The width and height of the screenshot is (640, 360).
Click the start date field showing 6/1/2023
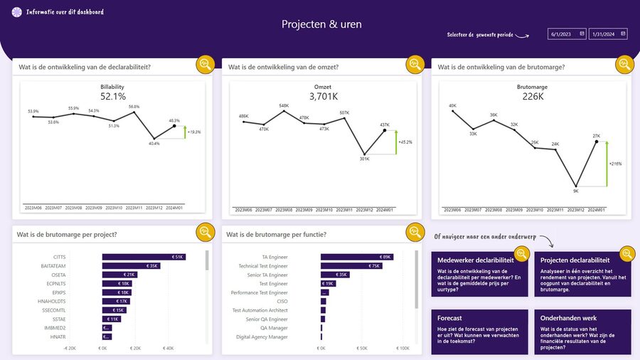566,33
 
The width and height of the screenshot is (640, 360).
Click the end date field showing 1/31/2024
607,33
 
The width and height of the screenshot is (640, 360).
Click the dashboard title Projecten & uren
321,24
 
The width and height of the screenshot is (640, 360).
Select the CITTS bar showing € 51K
144,257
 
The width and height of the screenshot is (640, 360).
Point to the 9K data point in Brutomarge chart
575,186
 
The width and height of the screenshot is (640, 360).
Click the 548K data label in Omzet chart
284,106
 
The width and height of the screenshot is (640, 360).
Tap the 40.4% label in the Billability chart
154,143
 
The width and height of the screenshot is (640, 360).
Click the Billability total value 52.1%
112,97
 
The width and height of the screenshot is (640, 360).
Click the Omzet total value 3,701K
322,97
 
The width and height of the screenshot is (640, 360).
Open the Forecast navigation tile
479,332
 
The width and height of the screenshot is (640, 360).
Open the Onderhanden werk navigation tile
582,332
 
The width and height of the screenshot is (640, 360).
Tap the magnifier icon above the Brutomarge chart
624,64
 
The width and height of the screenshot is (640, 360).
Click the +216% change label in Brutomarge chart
615,164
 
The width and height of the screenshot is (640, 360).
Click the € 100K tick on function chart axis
402,349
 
